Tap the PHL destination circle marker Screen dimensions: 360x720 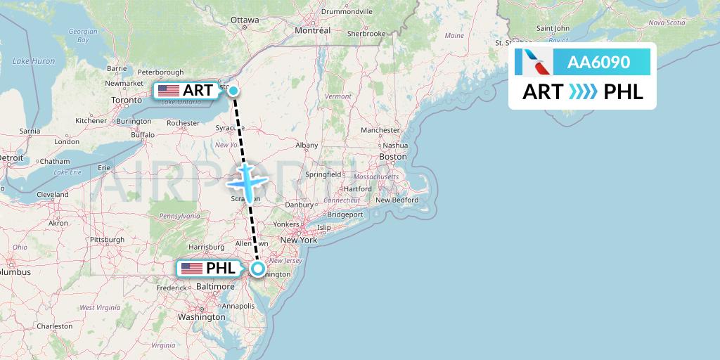pyautogui.click(x=258, y=269)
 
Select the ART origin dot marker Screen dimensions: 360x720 pyautogui.click(x=233, y=90)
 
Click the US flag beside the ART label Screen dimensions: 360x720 pyautogui.click(x=169, y=91)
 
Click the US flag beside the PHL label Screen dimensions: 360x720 pyautogui.click(x=191, y=269)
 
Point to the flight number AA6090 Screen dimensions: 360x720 pyautogui.click(x=598, y=63)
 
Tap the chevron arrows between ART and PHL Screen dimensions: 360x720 pyautogui.click(x=583, y=92)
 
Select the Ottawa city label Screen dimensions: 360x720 pyautogui.click(x=244, y=20)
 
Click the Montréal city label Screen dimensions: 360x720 pyautogui.click(x=313, y=31)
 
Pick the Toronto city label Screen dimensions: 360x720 pyautogui.click(x=127, y=101)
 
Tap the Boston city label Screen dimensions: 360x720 pyautogui.click(x=392, y=156)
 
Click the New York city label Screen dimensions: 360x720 pyautogui.click(x=300, y=240)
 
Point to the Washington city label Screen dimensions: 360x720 pyautogui.click(x=201, y=317)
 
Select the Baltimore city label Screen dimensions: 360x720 pyautogui.click(x=216, y=287)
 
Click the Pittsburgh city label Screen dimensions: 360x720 pyautogui.click(x=107, y=240)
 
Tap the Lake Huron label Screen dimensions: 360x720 pyautogui.click(x=34, y=61)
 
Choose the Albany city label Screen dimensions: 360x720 pyautogui.click(x=307, y=146)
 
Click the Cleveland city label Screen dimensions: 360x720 pyautogui.click(x=53, y=194)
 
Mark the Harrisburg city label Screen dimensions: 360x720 pyautogui.click(x=206, y=247)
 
